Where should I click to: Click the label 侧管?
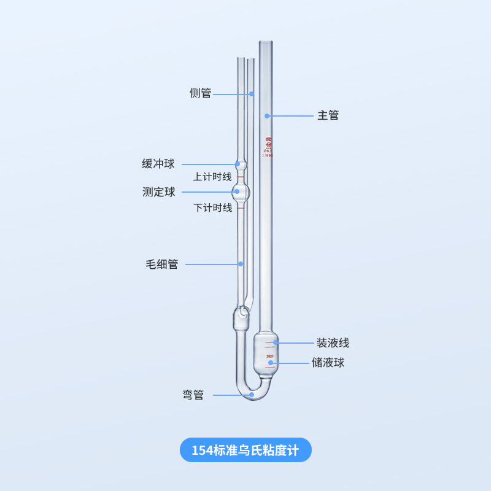coord(200,93)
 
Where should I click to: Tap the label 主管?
coord(328,115)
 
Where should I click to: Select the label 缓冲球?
coord(158,164)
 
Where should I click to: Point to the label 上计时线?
coord(212,177)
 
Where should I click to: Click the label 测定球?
coord(159,192)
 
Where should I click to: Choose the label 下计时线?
coord(212,208)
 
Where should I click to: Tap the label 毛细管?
coord(162,265)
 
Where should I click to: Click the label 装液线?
coord(333,343)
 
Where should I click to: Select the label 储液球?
coord(328,363)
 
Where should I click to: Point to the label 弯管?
coord(193,395)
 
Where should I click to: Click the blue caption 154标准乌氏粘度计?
coord(245,450)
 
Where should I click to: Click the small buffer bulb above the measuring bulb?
coord(242,164)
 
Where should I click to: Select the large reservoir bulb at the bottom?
coord(266,354)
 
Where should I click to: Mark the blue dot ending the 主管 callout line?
coord(267,115)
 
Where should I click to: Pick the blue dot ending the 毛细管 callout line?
coord(241,265)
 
